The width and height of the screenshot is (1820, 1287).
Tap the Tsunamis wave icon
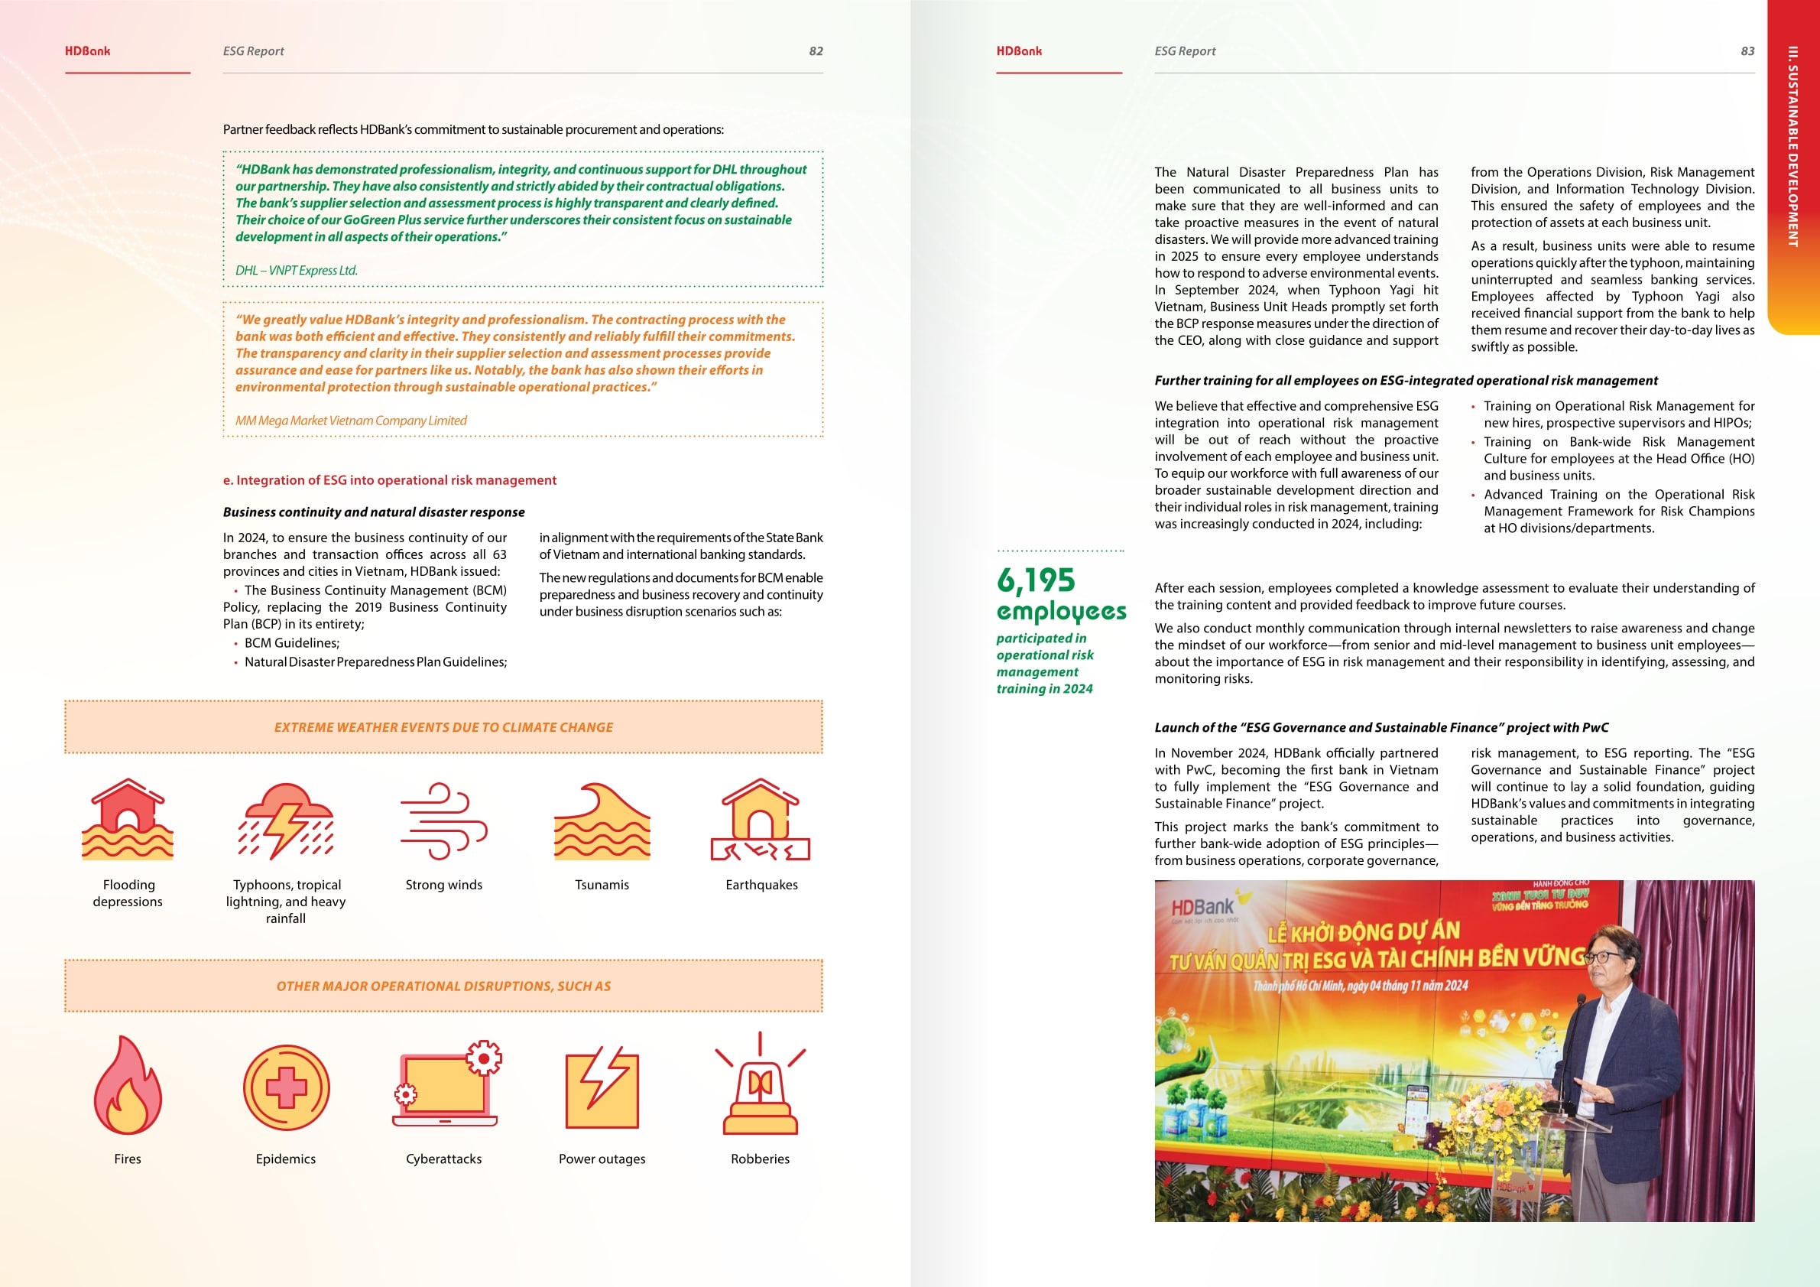[602, 821]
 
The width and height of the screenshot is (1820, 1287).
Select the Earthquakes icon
[761, 820]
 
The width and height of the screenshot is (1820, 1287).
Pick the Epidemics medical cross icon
[286, 1087]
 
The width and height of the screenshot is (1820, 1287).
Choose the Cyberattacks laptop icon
[446, 1084]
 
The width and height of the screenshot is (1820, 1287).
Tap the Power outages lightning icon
[602, 1087]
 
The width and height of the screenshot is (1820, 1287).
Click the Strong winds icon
[444, 821]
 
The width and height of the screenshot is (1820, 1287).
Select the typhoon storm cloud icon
[287, 821]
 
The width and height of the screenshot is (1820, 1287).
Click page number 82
[816, 50]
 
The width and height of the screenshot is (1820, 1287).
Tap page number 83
[1747, 50]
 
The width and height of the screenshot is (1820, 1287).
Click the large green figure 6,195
[1036, 580]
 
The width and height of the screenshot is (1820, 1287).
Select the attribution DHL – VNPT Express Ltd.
[297, 271]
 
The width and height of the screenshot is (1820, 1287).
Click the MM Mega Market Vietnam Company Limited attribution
[350, 421]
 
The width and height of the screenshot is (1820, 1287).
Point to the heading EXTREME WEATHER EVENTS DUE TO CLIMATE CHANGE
[443, 727]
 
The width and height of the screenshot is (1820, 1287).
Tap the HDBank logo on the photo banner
[1203, 907]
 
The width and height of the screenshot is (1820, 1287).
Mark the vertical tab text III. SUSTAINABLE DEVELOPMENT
[1792, 147]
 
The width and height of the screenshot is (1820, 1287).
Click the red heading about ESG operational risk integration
[389, 479]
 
